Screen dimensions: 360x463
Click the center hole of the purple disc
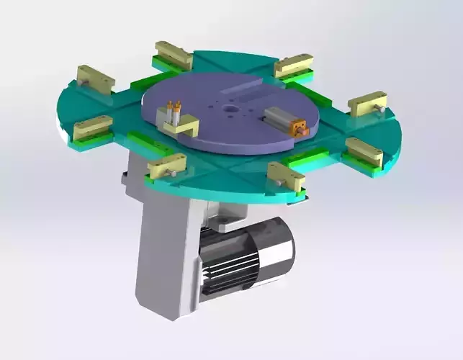click(230, 110)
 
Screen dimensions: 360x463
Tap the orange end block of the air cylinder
click(298, 129)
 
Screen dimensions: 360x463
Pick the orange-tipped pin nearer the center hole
click(177, 109)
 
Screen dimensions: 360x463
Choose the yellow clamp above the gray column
click(167, 166)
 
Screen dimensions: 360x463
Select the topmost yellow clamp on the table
click(174, 55)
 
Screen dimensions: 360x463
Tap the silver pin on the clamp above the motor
click(277, 186)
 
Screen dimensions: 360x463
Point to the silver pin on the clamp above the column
click(173, 175)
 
